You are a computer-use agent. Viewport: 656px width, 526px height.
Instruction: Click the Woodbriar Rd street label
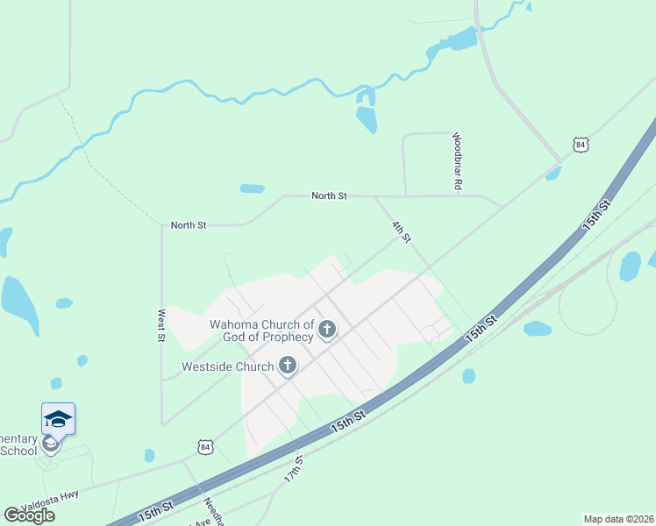click(x=457, y=161)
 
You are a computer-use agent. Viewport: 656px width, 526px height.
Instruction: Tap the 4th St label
click(x=401, y=232)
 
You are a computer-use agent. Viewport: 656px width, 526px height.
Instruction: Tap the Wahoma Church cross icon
click(x=327, y=331)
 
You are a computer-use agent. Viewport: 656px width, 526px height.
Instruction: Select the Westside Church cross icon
click(x=288, y=366)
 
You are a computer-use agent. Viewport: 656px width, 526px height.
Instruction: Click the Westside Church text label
click(x=228, y=366)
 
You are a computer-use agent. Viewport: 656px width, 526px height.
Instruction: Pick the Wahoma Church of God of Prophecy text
click(x=261, y=331)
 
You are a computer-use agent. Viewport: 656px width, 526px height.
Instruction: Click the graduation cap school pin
click(x=58, y=420)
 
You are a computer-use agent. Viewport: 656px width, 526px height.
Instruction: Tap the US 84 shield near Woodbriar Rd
click(x=580, y=145)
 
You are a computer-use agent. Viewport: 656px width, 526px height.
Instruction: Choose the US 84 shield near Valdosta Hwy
click(x=205, y=447)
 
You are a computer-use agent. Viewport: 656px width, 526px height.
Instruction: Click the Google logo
click(x=29, y=515)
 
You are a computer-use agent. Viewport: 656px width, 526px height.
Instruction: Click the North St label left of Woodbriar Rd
click(x=330, y=196)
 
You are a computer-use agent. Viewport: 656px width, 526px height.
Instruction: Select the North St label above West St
click(x=189, y=225)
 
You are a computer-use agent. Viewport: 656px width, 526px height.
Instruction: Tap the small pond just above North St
click(x=253, y=188)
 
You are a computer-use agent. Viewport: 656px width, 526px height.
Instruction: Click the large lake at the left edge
click(x=18, y=303)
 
